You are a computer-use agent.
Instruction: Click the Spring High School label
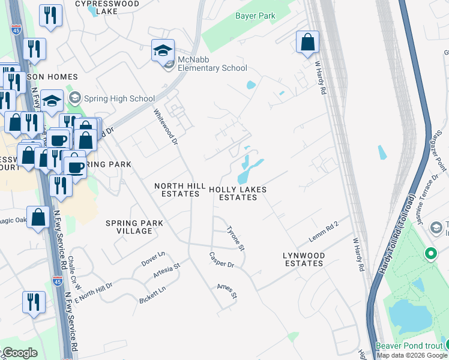119,98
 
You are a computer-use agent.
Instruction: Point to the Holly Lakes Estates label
238,193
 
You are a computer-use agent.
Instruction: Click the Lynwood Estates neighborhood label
304,259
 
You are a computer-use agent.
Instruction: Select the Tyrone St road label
235,238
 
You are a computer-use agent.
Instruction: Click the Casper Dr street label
221,260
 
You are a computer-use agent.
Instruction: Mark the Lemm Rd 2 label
324,232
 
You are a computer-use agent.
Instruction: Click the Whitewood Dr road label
166,127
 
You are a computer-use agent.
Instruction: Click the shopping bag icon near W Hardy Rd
307,43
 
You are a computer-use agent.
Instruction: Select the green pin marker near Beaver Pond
430,254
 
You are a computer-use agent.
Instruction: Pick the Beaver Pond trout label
411,346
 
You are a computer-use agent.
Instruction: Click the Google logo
20,353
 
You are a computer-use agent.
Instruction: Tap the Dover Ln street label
152,258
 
